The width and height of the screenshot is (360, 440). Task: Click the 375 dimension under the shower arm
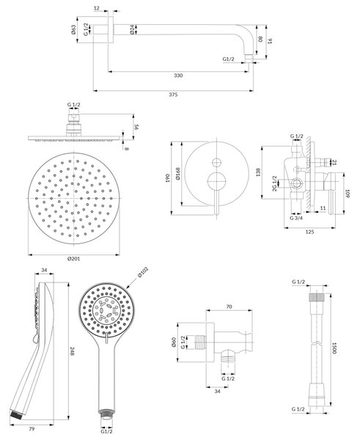point(173,95)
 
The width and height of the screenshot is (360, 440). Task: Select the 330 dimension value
point(178,76)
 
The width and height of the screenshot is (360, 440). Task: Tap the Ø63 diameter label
point(73,30)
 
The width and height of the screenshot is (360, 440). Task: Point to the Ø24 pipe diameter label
point(132,30)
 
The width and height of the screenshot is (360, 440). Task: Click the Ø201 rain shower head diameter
point(73,259)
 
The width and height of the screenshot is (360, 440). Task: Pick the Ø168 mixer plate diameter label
point(178,173)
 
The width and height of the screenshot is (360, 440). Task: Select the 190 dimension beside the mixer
point(167,178)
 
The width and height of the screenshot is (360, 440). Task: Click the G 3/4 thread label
point(296,218)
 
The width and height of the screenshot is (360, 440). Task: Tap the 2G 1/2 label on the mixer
point(275,183)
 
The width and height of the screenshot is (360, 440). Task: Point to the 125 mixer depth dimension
point(309,232)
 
